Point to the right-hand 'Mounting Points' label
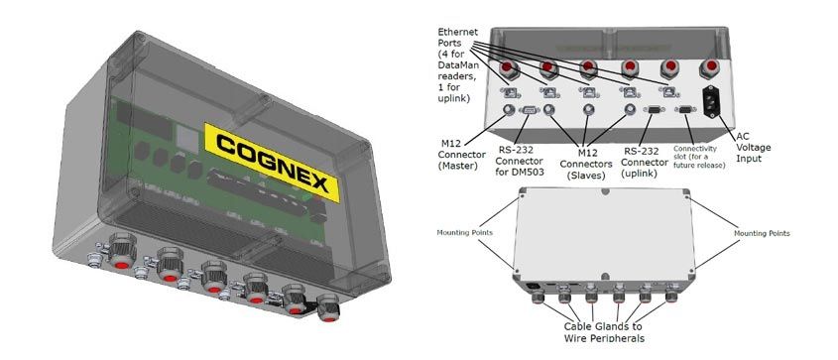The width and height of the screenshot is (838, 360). pos(762,234)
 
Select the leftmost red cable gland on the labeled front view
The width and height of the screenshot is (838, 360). pos(507,69)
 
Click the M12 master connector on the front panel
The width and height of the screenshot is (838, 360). pos(508,110)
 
